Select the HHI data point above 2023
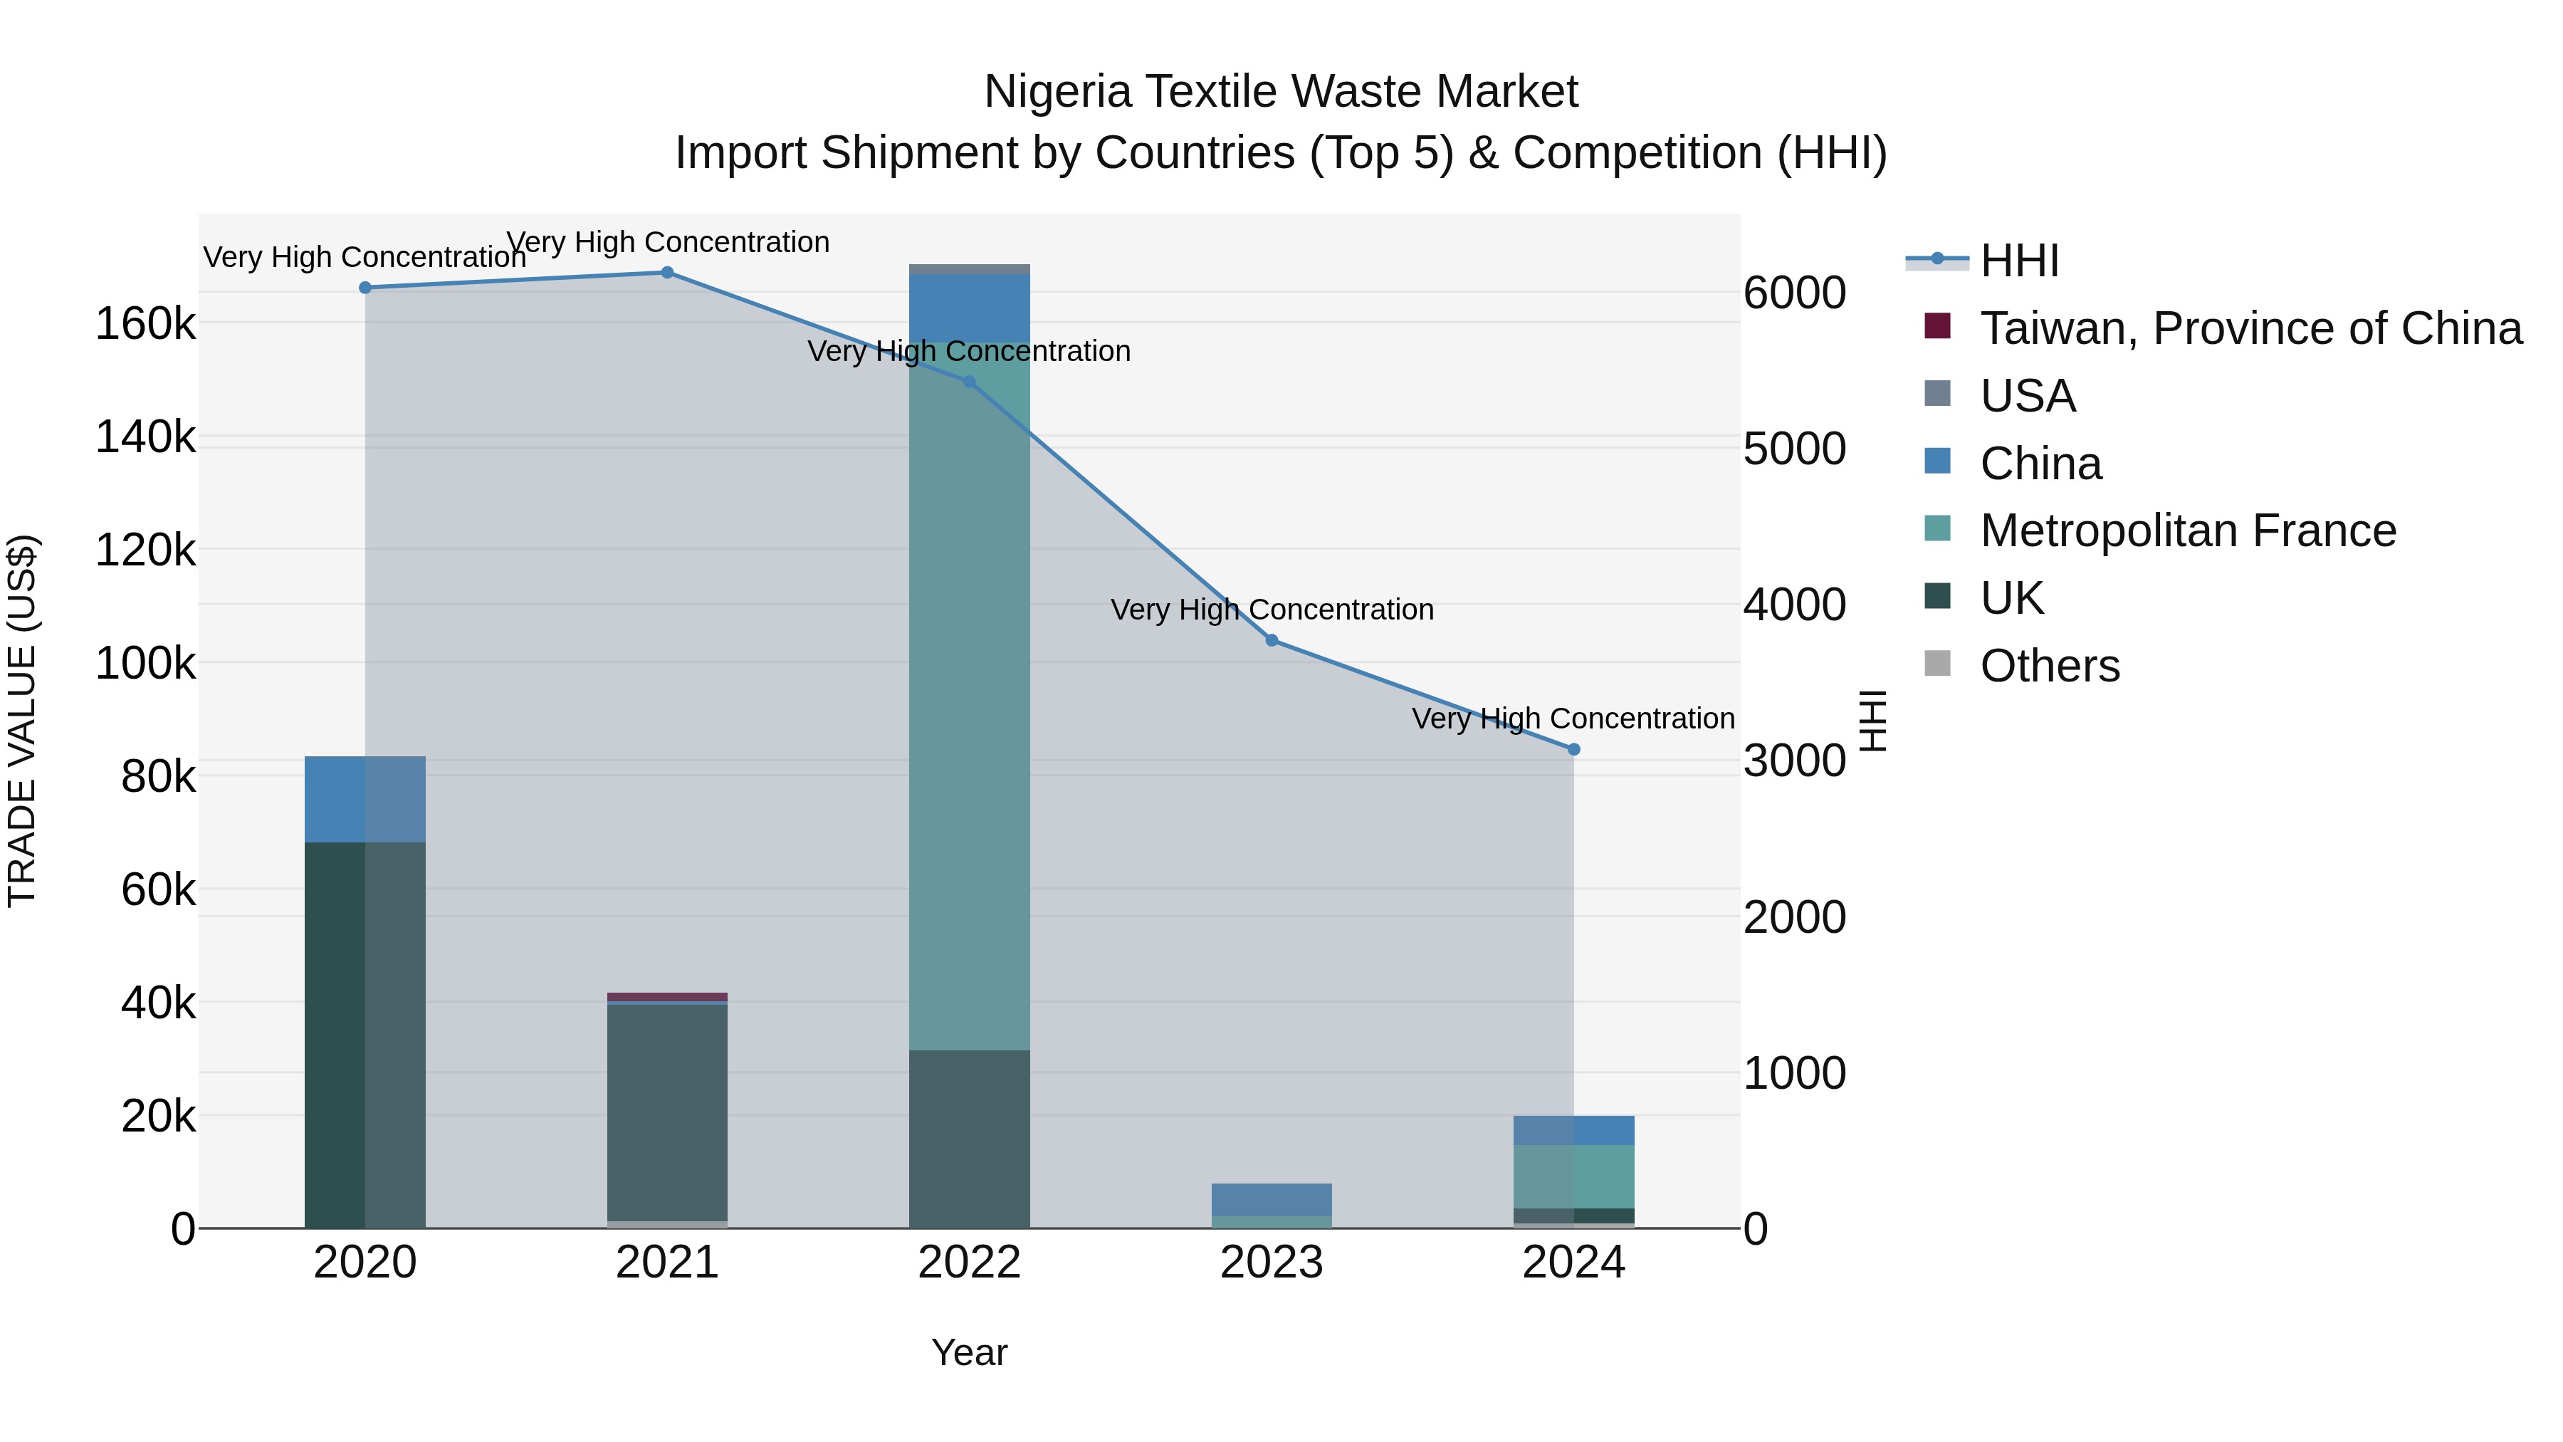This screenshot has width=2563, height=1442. click(x=1272, y=640)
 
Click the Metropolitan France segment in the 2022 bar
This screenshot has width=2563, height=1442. click(x=969, y=696)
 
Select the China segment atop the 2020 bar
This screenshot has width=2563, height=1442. click(x=364, y=799)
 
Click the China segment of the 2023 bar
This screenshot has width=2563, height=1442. click(x=1272, y=1199)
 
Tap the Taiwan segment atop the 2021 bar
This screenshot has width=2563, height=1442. click(x=666, y=996)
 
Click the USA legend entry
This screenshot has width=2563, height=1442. click(x=2028, y=396)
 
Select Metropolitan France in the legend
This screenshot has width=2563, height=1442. click(x=2188, y=531)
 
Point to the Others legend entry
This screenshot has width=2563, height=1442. click(x=2050, y=666)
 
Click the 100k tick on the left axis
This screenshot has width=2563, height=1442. click(x=145, y=663)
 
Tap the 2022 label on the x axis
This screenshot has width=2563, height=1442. click(x=969, y=1263)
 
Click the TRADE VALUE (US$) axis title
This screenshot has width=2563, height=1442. click(x=22, y=721)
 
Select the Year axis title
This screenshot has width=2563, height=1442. click(x=969, y=1352)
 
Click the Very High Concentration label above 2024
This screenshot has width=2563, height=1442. click(x=1573, y=719)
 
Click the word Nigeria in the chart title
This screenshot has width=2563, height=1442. click(x=1056, y=92)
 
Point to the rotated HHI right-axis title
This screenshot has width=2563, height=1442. click(x=1872, y=721)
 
